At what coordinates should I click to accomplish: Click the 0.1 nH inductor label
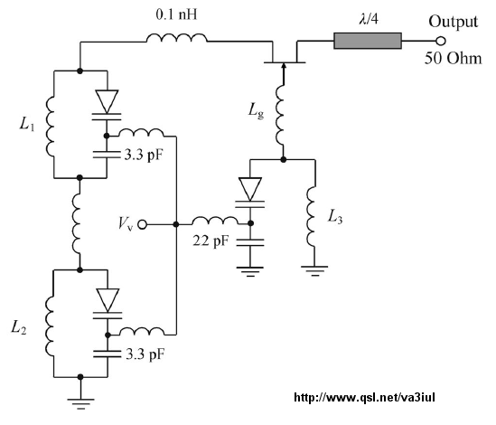point(176,14)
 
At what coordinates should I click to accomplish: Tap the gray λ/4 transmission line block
point(368,41)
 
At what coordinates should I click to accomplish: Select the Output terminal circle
point(441,42)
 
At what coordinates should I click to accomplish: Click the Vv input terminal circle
point(143,224)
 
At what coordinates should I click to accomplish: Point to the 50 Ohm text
point(453,59)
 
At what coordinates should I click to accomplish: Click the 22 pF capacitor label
point(211,241)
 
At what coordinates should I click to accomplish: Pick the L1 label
point(27,124)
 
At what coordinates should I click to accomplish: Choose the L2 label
point(19,327)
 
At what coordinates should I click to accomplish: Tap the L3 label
point(334,218)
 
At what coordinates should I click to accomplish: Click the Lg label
point(256,111)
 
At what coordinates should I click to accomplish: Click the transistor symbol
point(285,58)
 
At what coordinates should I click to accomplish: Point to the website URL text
point(364,398)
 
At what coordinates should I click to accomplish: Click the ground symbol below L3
point(314,271)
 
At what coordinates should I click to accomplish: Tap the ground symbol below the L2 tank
point(80,403)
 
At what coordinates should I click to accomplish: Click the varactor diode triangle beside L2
point(108,300)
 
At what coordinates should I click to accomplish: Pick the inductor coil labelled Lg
point(281,116)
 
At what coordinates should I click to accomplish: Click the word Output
point(453,23)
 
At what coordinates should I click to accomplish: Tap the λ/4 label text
point(369,20)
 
